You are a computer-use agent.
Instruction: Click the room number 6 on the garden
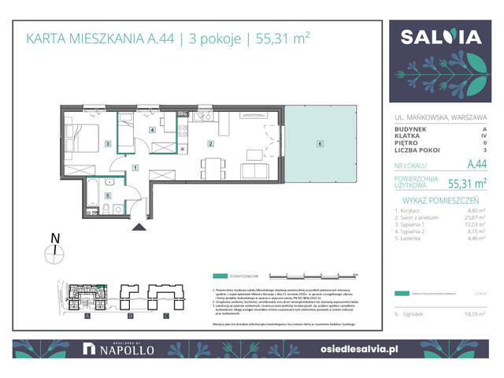coord(319,144)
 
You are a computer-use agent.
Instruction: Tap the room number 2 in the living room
coord(210,144)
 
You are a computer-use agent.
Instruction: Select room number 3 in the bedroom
coord(108,144)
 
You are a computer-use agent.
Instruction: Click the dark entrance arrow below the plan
coord(140,228)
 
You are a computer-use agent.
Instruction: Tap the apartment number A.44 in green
coord(476,165)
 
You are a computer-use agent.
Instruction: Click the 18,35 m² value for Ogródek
coord(476,313)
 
